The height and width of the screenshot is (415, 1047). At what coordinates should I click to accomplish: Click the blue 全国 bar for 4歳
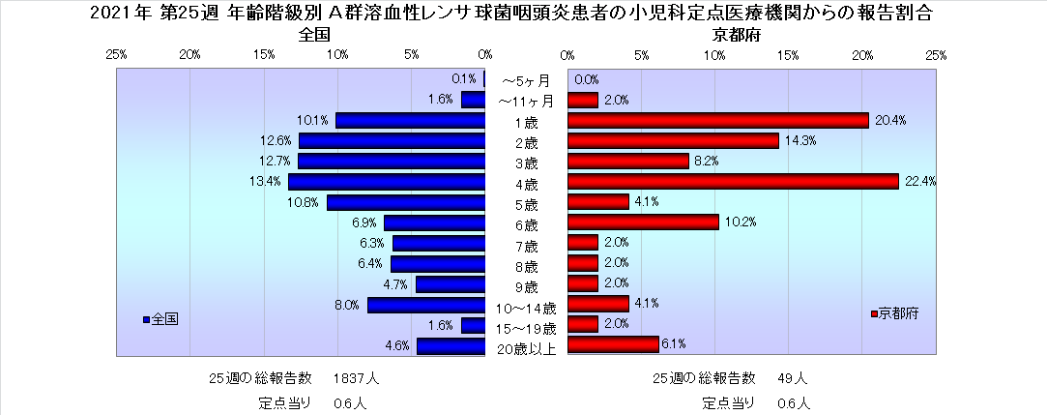[x=386, y=182]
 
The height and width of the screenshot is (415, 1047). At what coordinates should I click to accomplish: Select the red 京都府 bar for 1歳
[x=718, y=120]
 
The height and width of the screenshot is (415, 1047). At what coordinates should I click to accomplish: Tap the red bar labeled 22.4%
[x=733, y=182]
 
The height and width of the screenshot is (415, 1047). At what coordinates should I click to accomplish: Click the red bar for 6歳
[x=643, y=222]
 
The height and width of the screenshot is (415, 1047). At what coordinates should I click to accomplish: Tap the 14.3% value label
[x=800, y=141]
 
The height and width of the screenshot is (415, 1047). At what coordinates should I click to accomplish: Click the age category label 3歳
[x=526, y=162]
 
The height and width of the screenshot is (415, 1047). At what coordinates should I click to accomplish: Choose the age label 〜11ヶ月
[x=526, y=101]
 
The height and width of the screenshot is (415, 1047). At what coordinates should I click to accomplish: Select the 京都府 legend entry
[x=895, y=314]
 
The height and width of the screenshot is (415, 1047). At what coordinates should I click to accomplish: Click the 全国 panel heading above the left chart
[x=315, y=35]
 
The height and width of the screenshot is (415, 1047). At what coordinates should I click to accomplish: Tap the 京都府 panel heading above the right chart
[x=734, y=35]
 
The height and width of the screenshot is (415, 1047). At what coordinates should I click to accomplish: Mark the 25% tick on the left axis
[x=116, y=54]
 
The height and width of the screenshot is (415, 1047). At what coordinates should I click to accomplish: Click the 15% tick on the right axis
[x=788, y=54]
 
